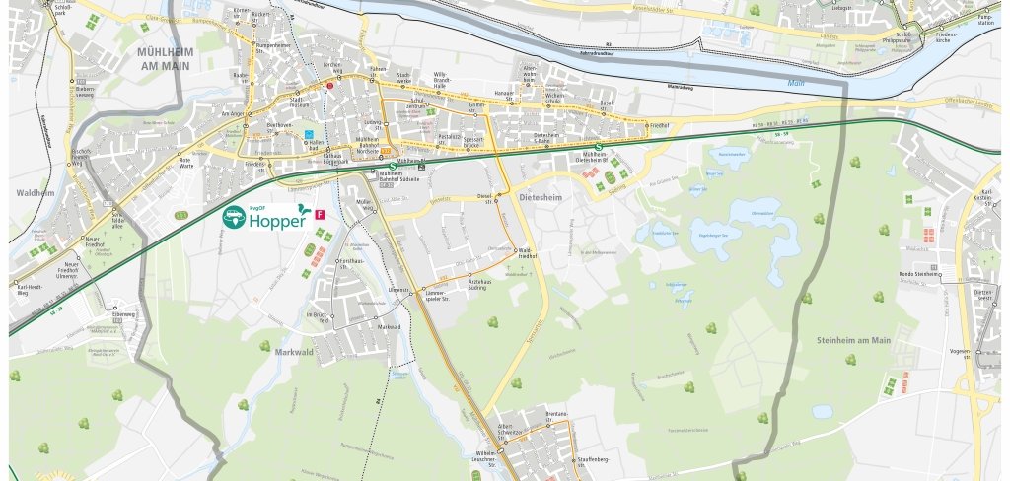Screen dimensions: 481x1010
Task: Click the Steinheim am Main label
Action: pyautogui.click(x=854, y=340)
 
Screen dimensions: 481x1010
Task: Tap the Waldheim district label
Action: pyautogui.click(x=34, y=194)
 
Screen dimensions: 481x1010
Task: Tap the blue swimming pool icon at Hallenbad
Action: pyautogui.click(x=309, y=133)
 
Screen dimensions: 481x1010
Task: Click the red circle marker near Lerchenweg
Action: pyautogui.click(x=330, y=86)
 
